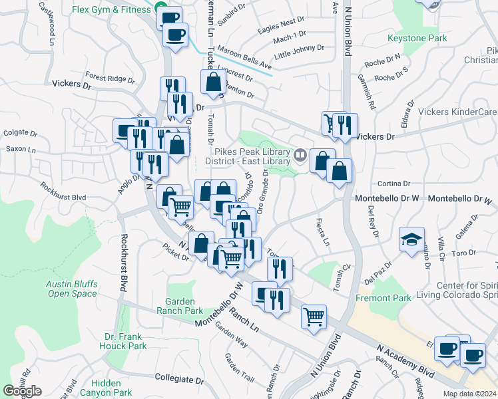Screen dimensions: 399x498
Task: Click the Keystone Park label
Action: [x=417, y=39]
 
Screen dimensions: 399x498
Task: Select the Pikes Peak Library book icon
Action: [x=300, y=156]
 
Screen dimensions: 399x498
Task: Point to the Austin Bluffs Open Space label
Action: [x=72, y=289]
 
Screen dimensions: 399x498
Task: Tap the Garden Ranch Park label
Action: [x=180, y=311]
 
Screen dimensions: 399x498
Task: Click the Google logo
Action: [x=22, y=391]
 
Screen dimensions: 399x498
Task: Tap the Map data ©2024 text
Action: [x=469, y=394]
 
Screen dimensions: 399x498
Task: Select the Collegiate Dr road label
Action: [x=179, y=378]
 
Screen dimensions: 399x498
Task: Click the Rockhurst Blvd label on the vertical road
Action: [x=123, y=263]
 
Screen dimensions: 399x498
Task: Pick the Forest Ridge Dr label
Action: [x=110, y=78]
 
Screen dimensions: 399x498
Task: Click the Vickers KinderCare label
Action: [x=459, y=112]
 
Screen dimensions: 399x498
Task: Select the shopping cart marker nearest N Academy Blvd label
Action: [x=314, y=317]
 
